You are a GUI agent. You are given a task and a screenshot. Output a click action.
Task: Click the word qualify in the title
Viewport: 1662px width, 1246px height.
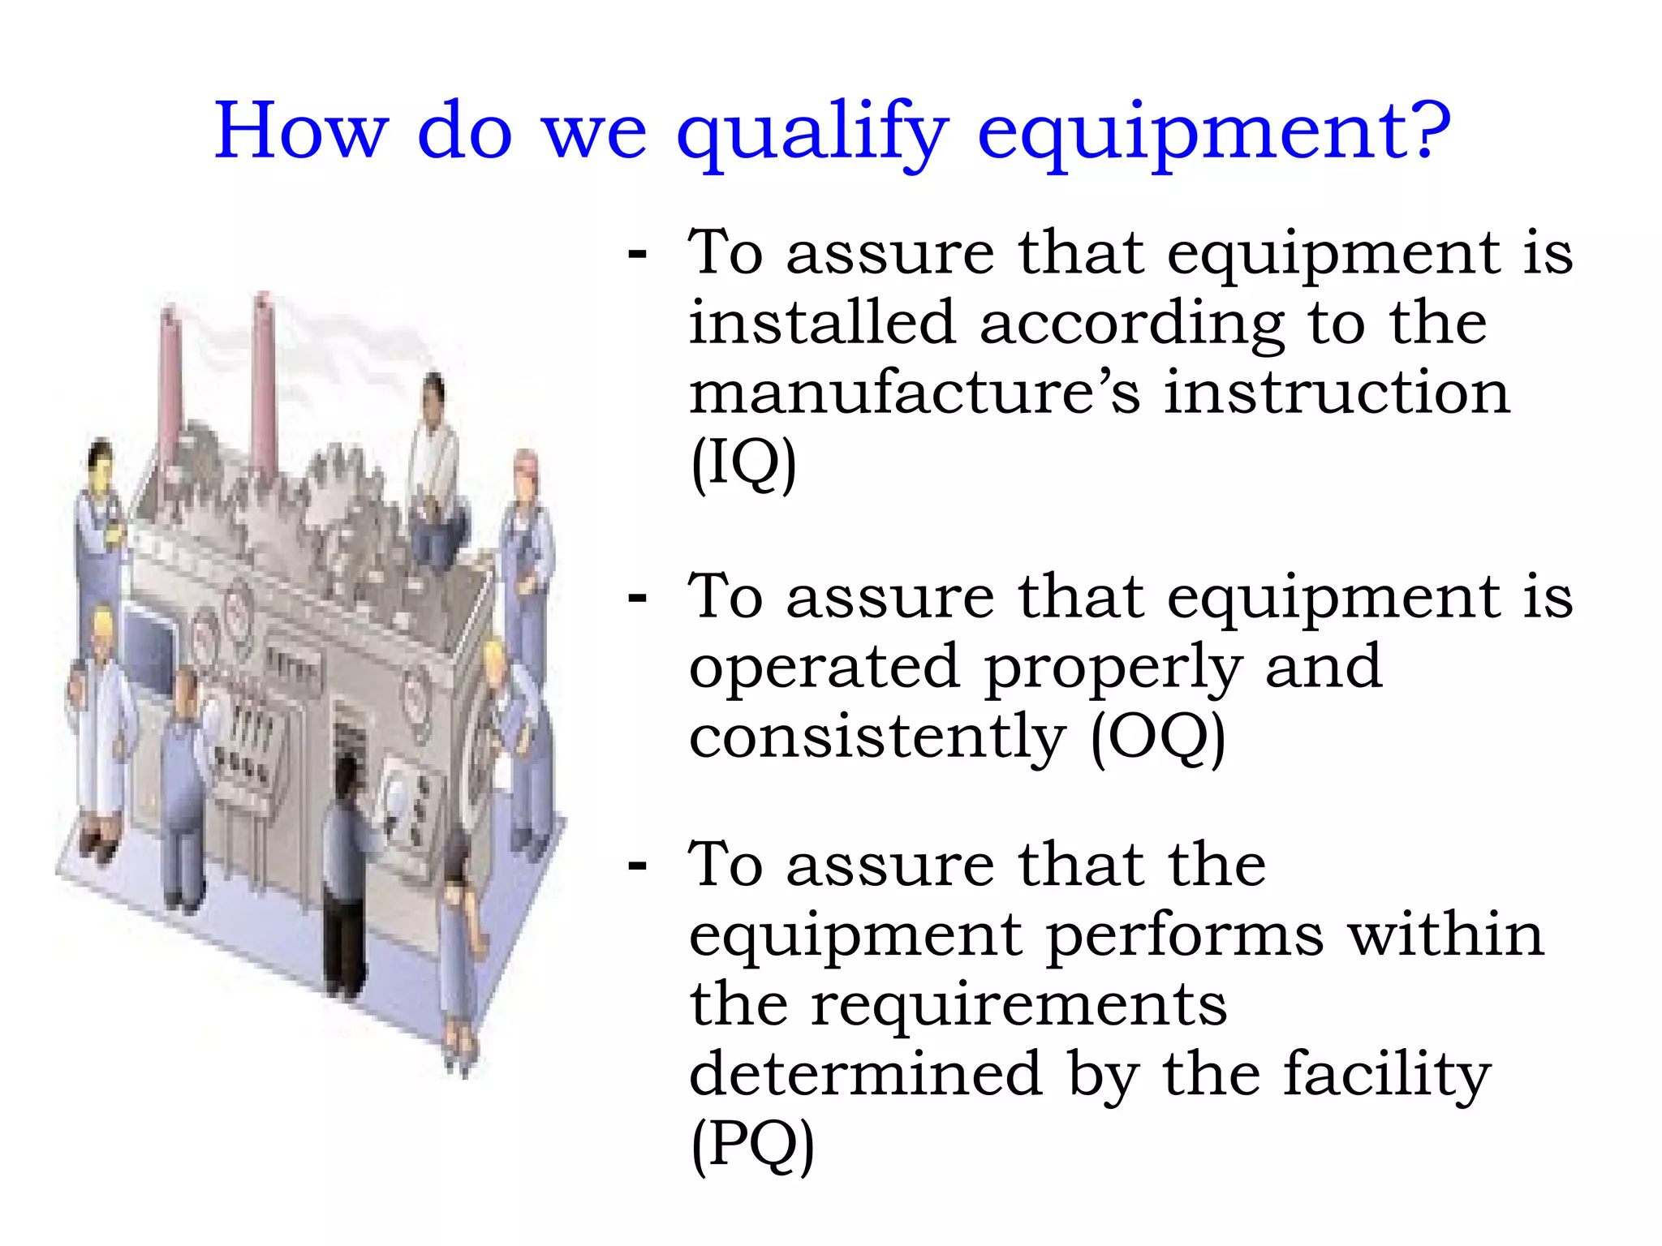812,134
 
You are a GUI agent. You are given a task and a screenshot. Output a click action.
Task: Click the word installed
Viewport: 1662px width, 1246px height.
822,323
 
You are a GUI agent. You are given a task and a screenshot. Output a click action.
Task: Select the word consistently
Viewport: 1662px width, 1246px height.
876,738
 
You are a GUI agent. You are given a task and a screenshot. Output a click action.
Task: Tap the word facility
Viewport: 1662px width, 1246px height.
1387,1076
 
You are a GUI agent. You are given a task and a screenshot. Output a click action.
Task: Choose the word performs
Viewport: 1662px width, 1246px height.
1185,936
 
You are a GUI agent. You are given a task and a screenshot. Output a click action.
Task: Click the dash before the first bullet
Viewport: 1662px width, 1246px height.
638,254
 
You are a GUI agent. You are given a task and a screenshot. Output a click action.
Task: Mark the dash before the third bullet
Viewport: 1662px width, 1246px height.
638,866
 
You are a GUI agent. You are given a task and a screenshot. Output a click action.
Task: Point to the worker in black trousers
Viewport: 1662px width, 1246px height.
346,876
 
